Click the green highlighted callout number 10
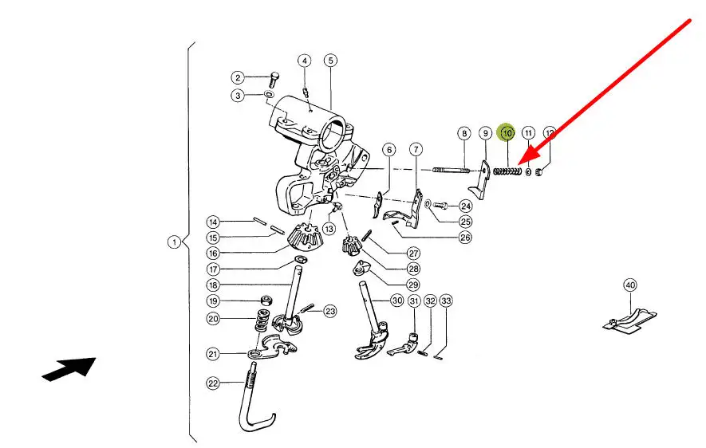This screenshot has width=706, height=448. [x=507, y=132]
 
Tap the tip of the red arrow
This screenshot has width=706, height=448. [x=519, y=163]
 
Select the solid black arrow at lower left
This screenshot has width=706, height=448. [x=69, y=369]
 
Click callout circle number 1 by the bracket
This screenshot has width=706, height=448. [x=174, y=242]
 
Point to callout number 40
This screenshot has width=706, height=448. [x=630, y=285]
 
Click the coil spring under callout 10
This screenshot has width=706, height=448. [x=507, y=171]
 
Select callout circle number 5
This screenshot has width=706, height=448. [x=330, y=61]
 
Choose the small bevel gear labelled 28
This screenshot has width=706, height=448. [x=349, y=245]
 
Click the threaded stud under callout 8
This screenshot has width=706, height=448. [x=452, y=171]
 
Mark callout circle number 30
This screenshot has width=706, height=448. [x=396, y=300]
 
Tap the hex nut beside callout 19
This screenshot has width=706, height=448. [x=266, y=300]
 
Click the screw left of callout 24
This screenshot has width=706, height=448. [x=440, y=206]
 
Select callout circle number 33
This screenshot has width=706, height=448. [x=446, y=301]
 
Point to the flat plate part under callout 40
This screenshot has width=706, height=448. [x=629, y=320]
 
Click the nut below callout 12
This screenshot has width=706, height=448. [x=539, y=171]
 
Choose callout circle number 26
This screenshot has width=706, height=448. [x=465, y=238]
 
